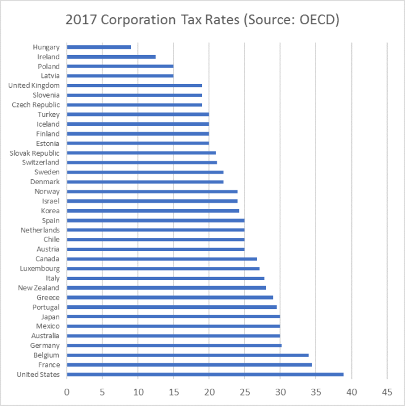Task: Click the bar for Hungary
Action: tap(99, 47)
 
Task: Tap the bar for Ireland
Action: tap(111, 57)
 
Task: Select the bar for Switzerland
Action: tap(142, 163)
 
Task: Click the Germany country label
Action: tap(45, 345)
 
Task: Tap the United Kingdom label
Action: tap(34, 85)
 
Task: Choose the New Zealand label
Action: tap(38, 288)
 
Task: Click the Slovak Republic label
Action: tap(35, 153)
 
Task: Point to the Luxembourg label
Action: tap(39, 269)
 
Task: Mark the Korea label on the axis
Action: tap(50, 211)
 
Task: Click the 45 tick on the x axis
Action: tap(387, 392)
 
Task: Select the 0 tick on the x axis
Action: tap(67, 392)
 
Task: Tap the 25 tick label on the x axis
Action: tap(244, 392)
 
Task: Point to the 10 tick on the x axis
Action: tap(138, 392)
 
